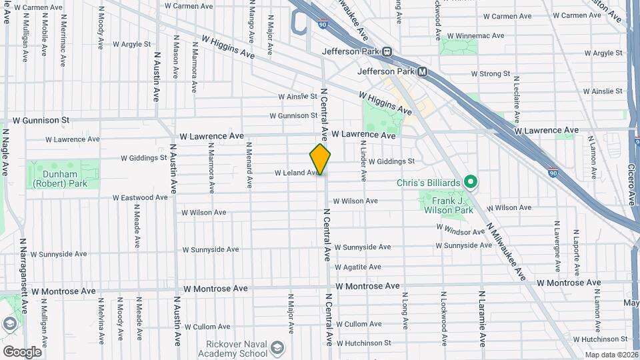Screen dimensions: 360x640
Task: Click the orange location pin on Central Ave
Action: click(x=320, y=159)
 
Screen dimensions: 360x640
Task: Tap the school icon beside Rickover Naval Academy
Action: click(x=277, y=347)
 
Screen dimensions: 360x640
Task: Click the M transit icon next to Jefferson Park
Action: click(x=422, y=71)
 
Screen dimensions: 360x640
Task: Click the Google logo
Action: click(x=22, y=351)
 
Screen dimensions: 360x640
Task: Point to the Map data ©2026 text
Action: click(x=611, y=355)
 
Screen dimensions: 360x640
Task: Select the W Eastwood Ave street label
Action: click(x=140, y=198)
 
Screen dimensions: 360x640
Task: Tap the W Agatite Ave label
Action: click(x=357, y=267)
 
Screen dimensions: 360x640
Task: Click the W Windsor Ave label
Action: click(x=461, y=231)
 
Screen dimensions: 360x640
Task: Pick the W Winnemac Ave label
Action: click(x=473, y=36)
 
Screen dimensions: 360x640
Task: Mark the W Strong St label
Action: click(x=490, y=74)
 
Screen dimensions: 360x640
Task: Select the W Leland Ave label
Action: click(x=297, y=173)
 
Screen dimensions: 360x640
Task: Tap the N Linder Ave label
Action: click(x=364, y=162)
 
